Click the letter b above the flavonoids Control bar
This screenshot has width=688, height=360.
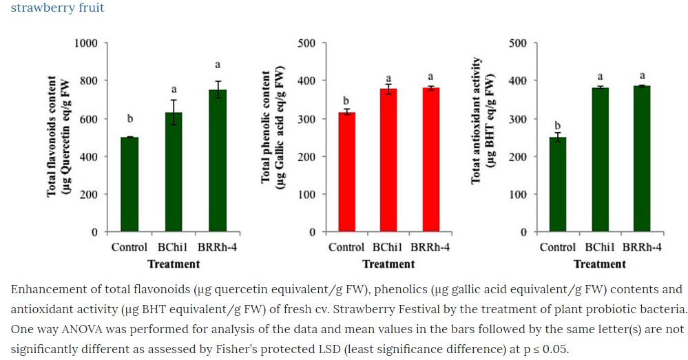[x=130, y=120]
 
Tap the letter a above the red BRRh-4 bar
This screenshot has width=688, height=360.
[x=431, y=76]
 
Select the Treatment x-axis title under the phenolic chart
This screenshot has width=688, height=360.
[x=388, y=264]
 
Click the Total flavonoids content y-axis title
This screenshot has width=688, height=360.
[x=58, y=138]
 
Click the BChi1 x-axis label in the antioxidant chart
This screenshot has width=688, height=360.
[x=600, y=248]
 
